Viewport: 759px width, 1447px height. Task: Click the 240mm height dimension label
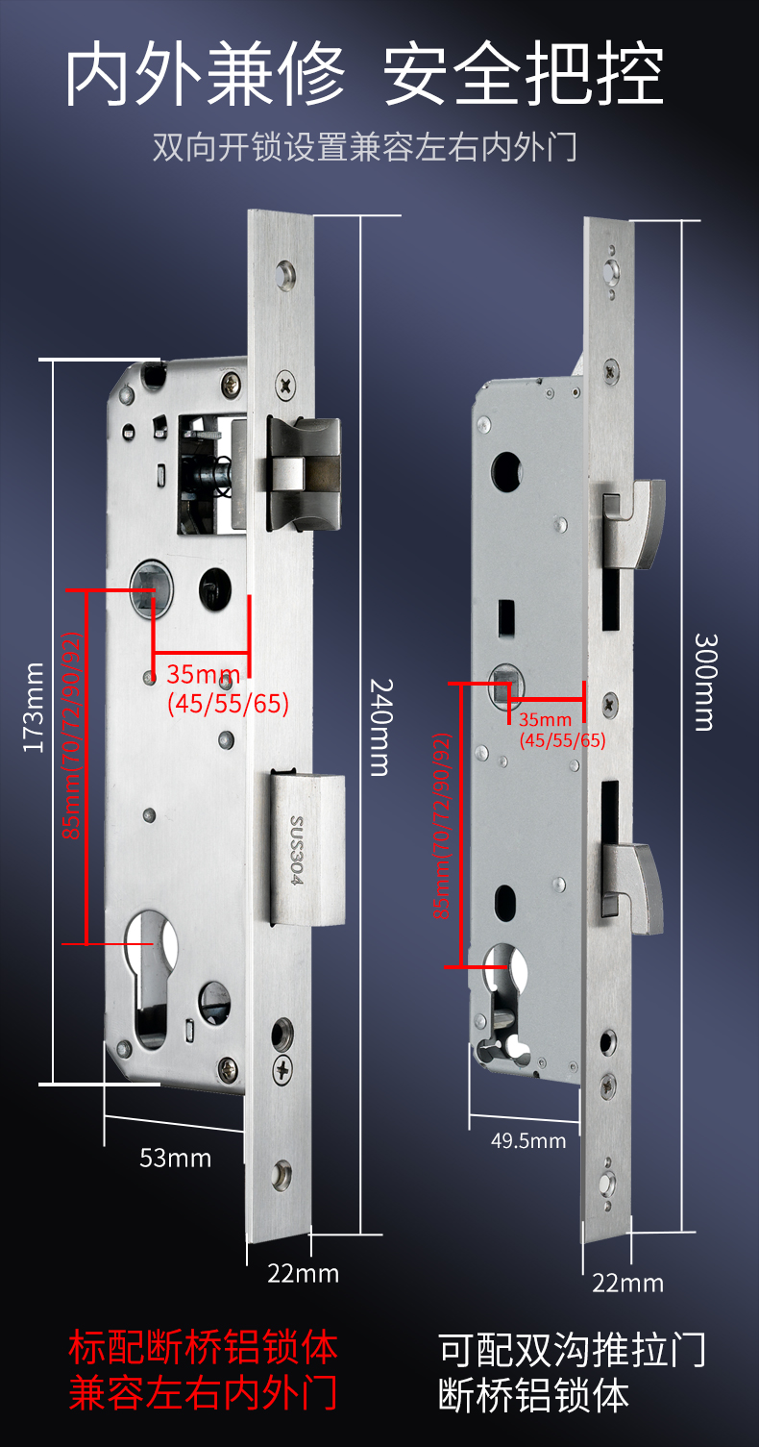tap(379, 727)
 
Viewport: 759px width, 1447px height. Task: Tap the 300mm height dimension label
tap(704, 683)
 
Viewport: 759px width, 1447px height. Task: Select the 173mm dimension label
tap(33, 708)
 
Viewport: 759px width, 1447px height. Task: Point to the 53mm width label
tap(176, 1159)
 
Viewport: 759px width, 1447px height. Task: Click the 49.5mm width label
tap(528, 1141)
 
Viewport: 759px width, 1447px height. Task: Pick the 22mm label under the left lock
tap(303, 1273)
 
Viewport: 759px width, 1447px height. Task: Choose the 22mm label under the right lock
tap(628, 1283)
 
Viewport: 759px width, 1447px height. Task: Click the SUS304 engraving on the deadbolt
tap(296, 850)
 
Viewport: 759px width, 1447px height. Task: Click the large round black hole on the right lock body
tap(506, 470)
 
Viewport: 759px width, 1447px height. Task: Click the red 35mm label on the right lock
tap(545, 719)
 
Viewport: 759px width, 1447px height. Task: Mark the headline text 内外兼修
tap(205, 73)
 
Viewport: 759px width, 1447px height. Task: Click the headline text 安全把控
tap(524, 73)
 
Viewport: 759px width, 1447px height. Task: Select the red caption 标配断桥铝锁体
tap(204, 1347)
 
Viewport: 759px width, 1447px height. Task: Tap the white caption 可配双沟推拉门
tap(573, 1349)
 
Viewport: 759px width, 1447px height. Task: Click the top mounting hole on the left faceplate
tap(285, 275)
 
